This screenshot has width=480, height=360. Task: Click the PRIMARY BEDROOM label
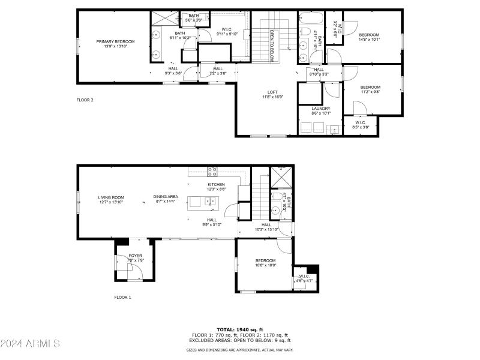tap(116, 44)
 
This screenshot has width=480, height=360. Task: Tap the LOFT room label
tap(272, 94)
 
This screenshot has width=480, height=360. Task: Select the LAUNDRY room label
tap(321, 110)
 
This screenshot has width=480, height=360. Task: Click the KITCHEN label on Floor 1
tap(216, 187)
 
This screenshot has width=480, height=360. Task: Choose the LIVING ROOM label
tap(111, 199)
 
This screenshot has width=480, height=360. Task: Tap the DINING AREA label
tap(166, 199)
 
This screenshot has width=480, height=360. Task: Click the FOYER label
tap(136, 257)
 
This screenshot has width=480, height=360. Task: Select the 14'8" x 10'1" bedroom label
tap(369, 38)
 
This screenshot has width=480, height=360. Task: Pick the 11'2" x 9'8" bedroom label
tap(370, 89)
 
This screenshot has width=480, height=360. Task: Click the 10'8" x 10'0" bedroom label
tap(265, 262)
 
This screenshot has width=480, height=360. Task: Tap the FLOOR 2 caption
tap(85, 100)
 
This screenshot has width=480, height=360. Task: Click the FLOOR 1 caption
tap(122, 297)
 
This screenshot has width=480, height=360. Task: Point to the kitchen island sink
tap(210, 201)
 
